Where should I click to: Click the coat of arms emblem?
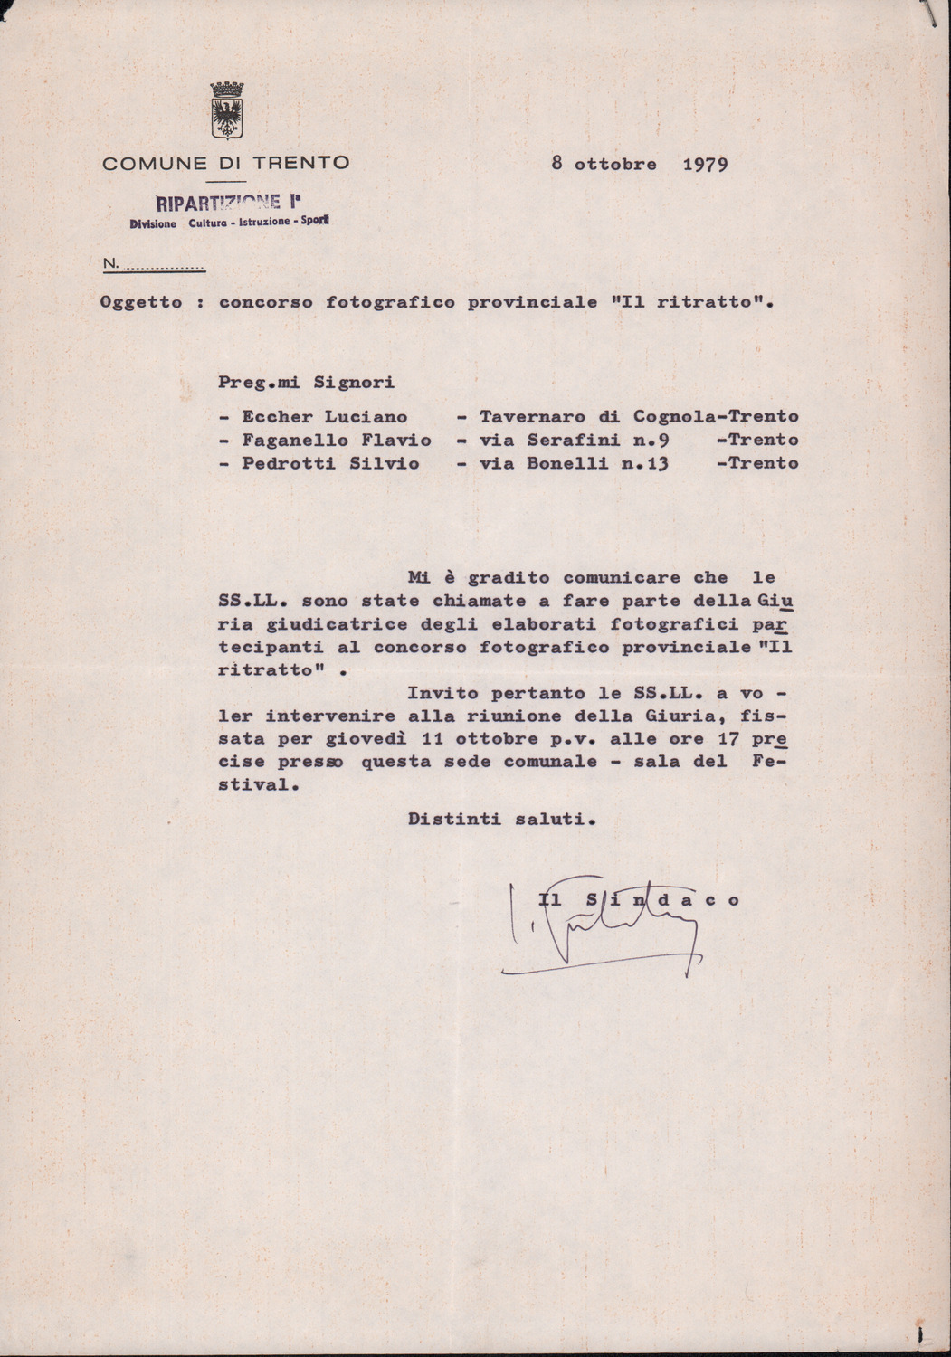[226, 112]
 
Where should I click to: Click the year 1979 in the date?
[705, 165]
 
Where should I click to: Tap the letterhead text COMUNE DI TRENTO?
[225, 164]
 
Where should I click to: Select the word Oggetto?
[141, 303]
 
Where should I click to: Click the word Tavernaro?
[532, 417]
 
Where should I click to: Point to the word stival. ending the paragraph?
[258, 785]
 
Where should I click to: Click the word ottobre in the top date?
[615, 165]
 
